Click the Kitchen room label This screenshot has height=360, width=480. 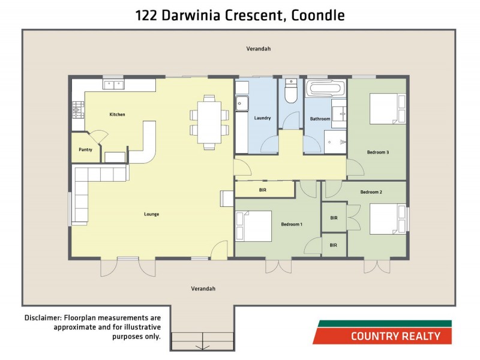coord(117,114)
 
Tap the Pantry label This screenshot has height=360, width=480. coord(85,149)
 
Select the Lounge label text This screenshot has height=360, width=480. coord(151,214)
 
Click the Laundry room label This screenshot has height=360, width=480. coord(262,118)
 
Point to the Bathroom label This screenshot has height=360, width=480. coord(319,119)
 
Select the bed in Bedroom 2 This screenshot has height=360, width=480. coord(387,220)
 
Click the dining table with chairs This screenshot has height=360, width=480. coord(209,121)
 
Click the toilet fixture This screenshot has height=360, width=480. coord(291,94)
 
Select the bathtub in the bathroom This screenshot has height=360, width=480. coord(326,89)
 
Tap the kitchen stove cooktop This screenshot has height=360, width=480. coord(78,109)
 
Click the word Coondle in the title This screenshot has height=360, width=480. coord(318,15)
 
